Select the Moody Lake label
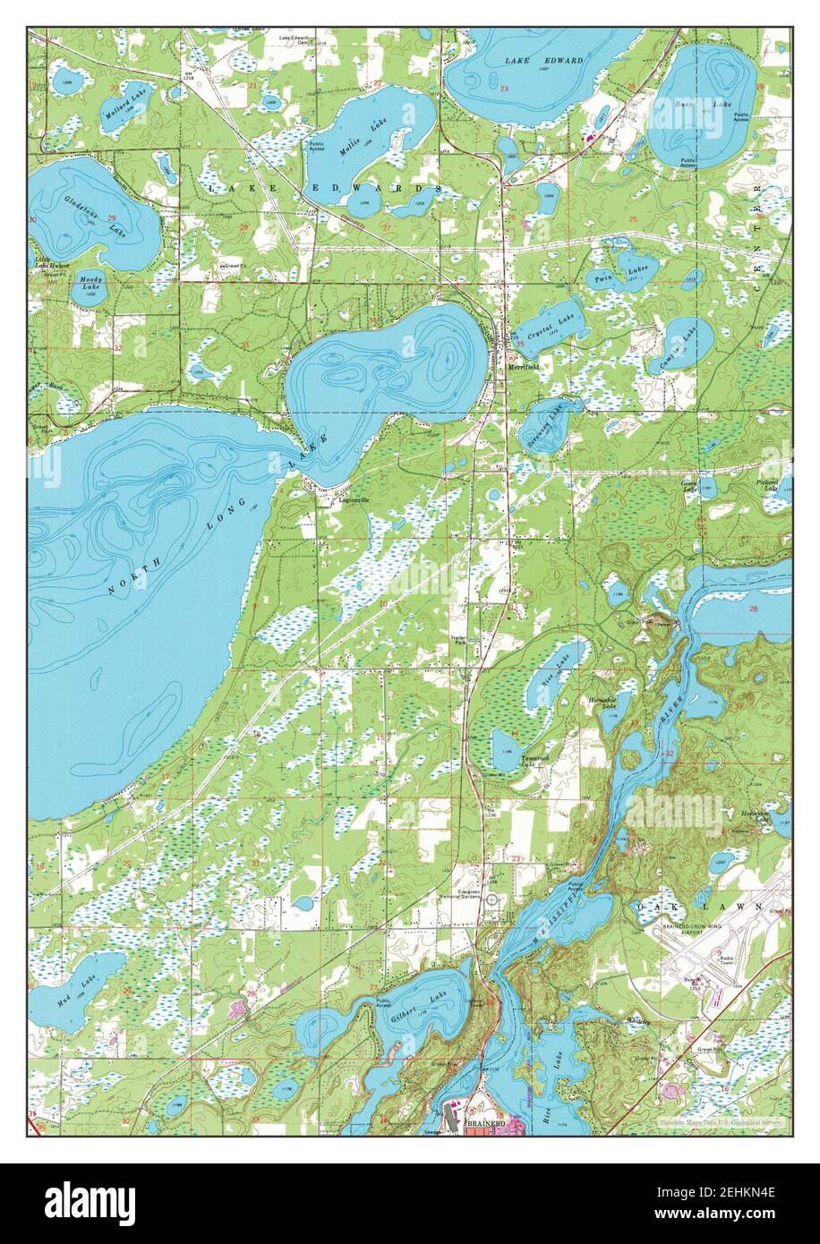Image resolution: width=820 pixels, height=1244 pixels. pos(90,282)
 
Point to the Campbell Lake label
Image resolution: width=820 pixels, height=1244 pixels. pos(687,344)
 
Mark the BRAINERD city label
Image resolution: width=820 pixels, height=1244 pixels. pos(483,1122)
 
